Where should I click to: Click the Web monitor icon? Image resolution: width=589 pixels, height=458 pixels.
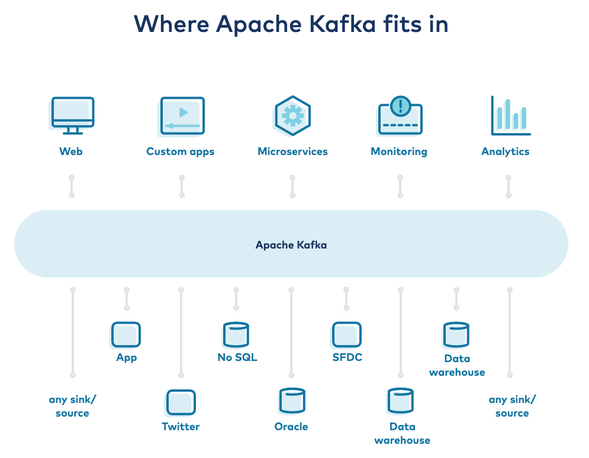(71, 115)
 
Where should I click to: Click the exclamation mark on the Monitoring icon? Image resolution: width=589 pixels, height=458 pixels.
(401, 106)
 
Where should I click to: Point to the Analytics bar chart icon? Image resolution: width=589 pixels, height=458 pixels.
(510, 115)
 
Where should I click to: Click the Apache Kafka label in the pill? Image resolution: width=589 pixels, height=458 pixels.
(291, 244)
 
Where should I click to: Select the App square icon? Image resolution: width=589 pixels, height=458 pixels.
(126, 334)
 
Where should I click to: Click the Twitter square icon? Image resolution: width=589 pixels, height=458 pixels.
(181, 403)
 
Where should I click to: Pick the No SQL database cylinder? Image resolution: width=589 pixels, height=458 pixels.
(236, 334)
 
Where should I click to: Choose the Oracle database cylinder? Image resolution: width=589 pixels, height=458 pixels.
(291, 401)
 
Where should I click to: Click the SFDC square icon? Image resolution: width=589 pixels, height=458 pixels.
(347, 334)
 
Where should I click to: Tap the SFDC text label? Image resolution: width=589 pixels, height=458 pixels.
(347, 357)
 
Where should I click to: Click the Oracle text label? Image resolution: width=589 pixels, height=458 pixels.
(291, 427)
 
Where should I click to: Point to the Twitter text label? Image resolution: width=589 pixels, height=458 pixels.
(181, 427)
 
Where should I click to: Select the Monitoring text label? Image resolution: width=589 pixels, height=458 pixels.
(398, 151)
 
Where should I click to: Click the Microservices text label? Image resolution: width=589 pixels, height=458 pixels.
(292, 151)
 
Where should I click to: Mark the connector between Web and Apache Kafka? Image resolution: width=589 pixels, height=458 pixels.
(72, 186)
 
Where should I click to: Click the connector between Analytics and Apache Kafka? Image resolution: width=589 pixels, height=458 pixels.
(508, 186)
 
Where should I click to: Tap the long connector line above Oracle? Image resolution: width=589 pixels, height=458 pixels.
(291, 332)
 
